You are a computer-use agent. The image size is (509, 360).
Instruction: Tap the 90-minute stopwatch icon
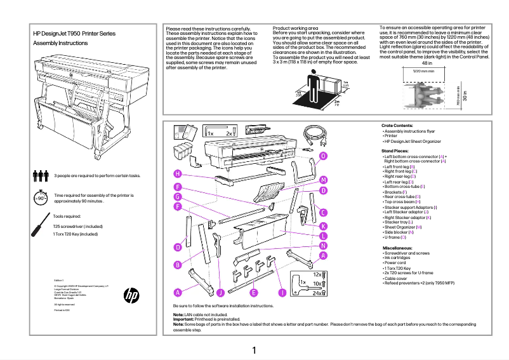41,197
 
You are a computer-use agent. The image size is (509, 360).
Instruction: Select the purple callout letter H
178,174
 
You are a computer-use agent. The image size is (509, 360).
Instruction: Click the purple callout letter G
178,197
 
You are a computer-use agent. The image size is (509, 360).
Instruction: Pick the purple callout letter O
323,156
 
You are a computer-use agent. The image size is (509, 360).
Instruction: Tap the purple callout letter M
323,180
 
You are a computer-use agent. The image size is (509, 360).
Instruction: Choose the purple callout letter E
253,293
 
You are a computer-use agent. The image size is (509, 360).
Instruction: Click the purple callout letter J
220,293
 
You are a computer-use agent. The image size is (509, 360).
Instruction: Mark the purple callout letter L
323,236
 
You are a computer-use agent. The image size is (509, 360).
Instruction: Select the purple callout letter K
323,226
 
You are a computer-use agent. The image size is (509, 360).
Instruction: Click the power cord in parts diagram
314,134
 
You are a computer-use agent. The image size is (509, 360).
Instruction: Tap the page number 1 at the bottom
254,350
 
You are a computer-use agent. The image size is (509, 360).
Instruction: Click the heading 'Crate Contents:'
398,126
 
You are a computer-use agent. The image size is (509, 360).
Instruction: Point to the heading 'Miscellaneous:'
399,247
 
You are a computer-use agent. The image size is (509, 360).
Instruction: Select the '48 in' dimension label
427,63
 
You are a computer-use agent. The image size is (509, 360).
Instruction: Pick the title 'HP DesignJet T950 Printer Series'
74,32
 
